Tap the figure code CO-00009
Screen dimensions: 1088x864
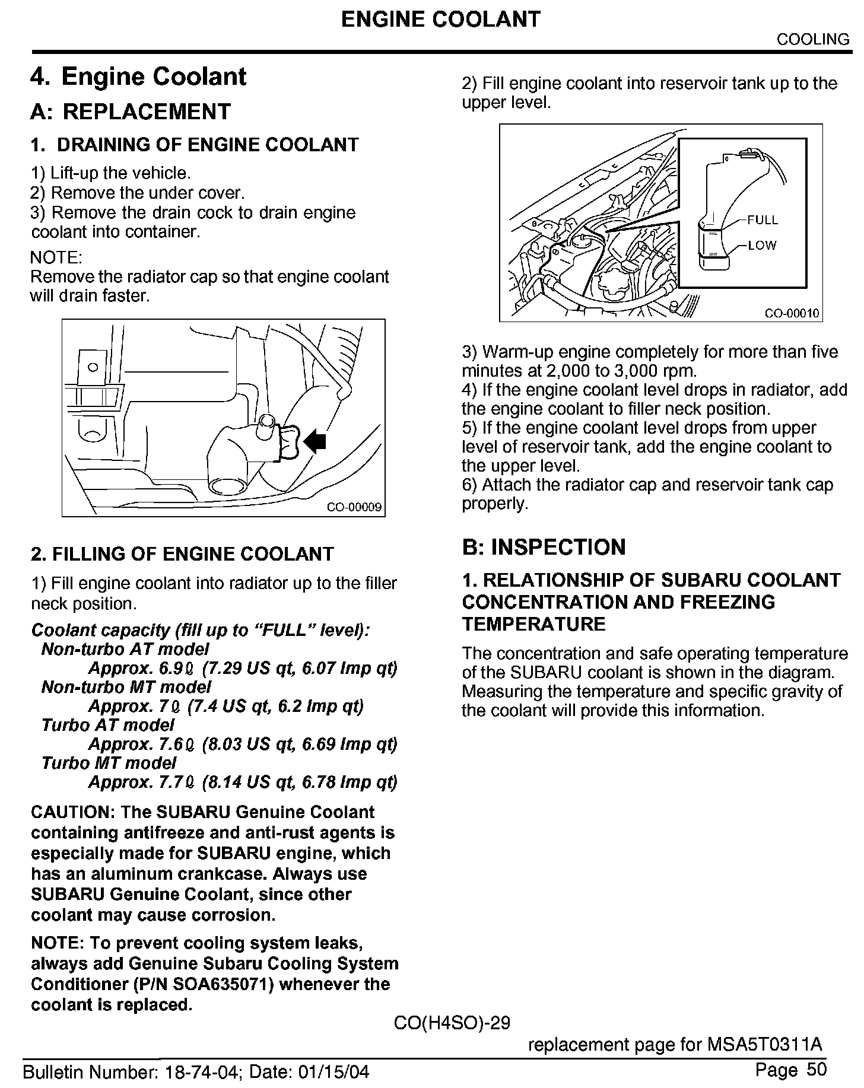[354, 508]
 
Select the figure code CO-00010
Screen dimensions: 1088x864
[792, 313]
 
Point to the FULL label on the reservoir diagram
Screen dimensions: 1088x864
[762, 220]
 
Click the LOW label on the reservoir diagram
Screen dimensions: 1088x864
[762, 245]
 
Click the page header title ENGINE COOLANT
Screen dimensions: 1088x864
[441, 20]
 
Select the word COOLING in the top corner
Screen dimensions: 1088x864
[813, 39]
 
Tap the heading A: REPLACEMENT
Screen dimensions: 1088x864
[131, 112]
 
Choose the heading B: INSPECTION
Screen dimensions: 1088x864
[544, 546]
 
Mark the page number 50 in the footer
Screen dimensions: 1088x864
[817, 1070]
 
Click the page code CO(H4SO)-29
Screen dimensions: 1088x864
[452, 1023]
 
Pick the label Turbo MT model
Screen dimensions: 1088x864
[109, 763]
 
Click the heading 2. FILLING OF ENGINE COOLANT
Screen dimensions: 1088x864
[182, 554]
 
